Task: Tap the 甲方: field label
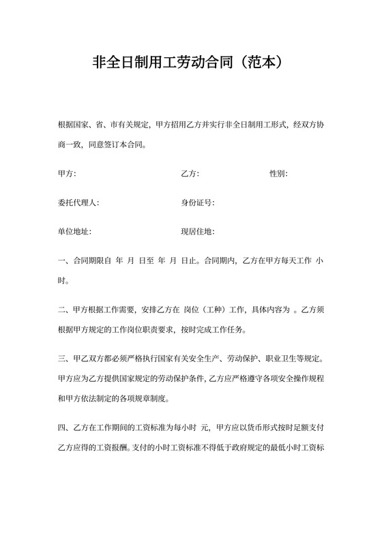click(68, 174)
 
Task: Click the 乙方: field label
click(190, 174)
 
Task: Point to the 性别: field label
click(278, 174)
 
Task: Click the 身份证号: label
click(197, 203)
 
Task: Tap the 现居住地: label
click(197, 232)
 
